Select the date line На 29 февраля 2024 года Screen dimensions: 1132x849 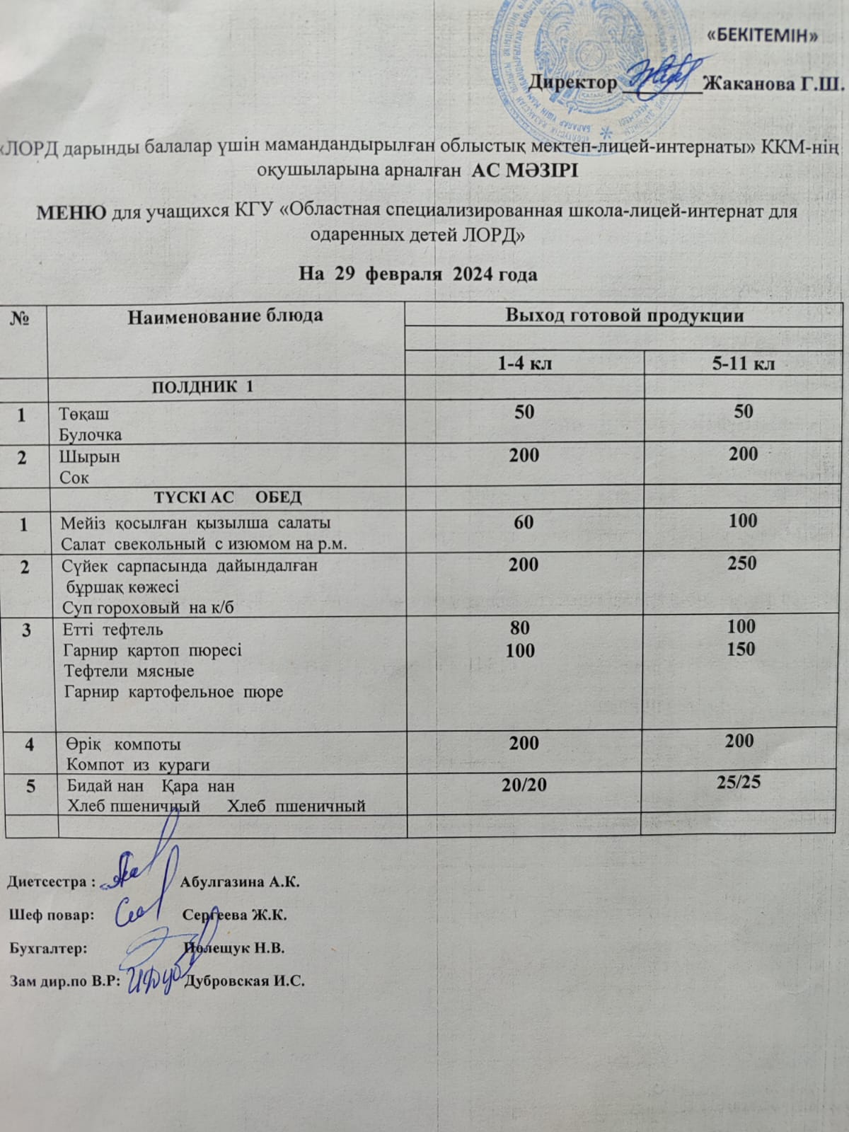coord(418,274)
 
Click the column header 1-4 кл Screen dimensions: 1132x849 coord(524,364)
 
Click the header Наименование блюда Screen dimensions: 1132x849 coord(225,316)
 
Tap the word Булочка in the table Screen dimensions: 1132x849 coord(91,434)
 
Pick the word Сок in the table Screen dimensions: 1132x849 coord(74,478)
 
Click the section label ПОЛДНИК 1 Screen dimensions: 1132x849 coord(202,387)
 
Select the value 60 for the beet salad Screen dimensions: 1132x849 coord(524,521)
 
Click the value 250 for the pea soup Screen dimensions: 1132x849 coord(741,563)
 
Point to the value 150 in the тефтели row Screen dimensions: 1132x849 coord(741,649)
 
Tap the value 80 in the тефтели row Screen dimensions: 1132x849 coord(520,628)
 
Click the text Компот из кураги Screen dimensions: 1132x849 coord(138,765)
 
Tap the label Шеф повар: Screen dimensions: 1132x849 coord(51,915)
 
